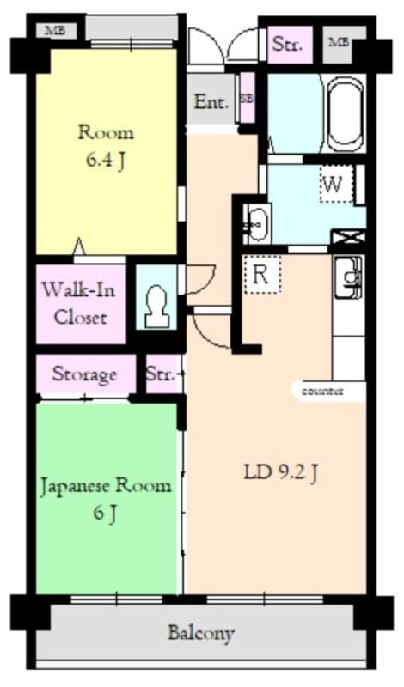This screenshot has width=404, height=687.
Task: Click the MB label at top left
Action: [55, 31]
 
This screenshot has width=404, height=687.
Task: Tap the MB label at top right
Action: [339, 41]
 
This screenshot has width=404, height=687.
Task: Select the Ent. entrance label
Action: [211, 101]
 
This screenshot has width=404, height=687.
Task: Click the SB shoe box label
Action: [247, 99]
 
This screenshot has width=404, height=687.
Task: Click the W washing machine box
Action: [335, 184]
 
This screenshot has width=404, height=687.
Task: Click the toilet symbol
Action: [156, 303]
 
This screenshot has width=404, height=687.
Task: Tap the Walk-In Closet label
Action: [80, 302]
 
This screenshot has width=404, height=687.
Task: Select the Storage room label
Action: [84, 374]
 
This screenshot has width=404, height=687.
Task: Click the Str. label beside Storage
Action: [160, 374]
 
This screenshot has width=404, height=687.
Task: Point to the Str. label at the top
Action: [286, 45]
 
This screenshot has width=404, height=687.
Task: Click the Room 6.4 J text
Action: [106, 146]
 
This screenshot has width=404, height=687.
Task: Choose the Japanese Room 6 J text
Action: [105, 498]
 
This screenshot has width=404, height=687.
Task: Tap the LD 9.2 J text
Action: [282, 471]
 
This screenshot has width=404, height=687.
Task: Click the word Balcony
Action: [200, 634]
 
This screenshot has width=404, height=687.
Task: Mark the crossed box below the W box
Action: [348, 235]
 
